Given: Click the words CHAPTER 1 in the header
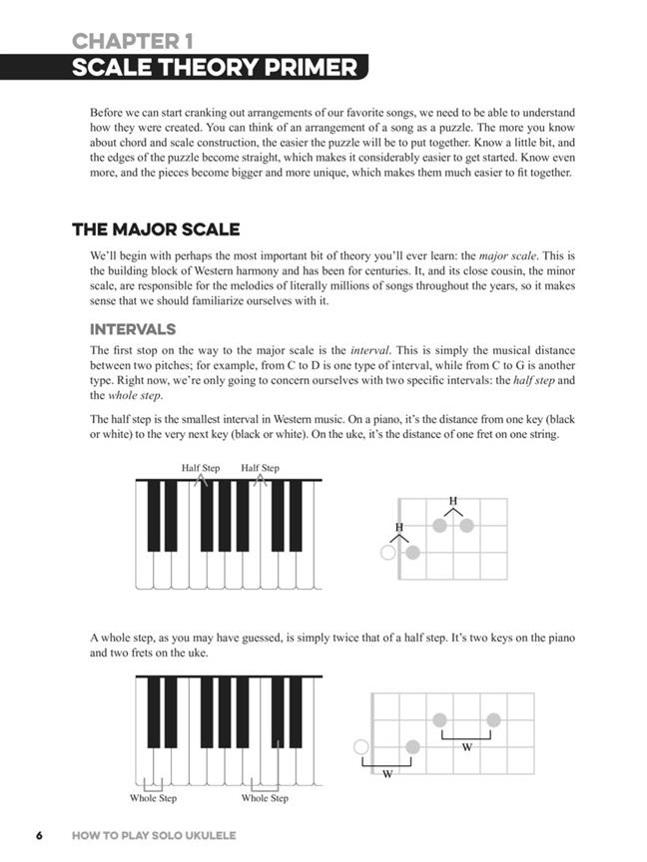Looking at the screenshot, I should click(x=133, y=41).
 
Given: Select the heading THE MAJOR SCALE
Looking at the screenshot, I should click(x=156, y=229).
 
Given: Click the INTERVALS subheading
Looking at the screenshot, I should click(x=133, y=329).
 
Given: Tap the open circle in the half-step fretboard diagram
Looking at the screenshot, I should click(x=388, y=552).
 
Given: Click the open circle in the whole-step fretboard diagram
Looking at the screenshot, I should click(x=361, y=746).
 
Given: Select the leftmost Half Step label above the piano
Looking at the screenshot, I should click(x=201, y=468).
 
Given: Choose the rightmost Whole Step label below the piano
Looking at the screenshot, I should click(x=265, y=798).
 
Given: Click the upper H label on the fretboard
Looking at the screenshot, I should click(x=453, y=501).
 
